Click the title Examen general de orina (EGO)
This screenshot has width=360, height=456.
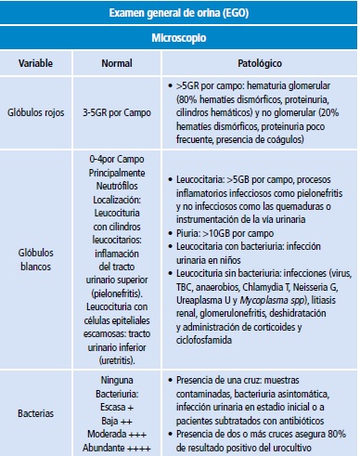179,14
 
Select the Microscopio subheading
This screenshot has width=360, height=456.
179,41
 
